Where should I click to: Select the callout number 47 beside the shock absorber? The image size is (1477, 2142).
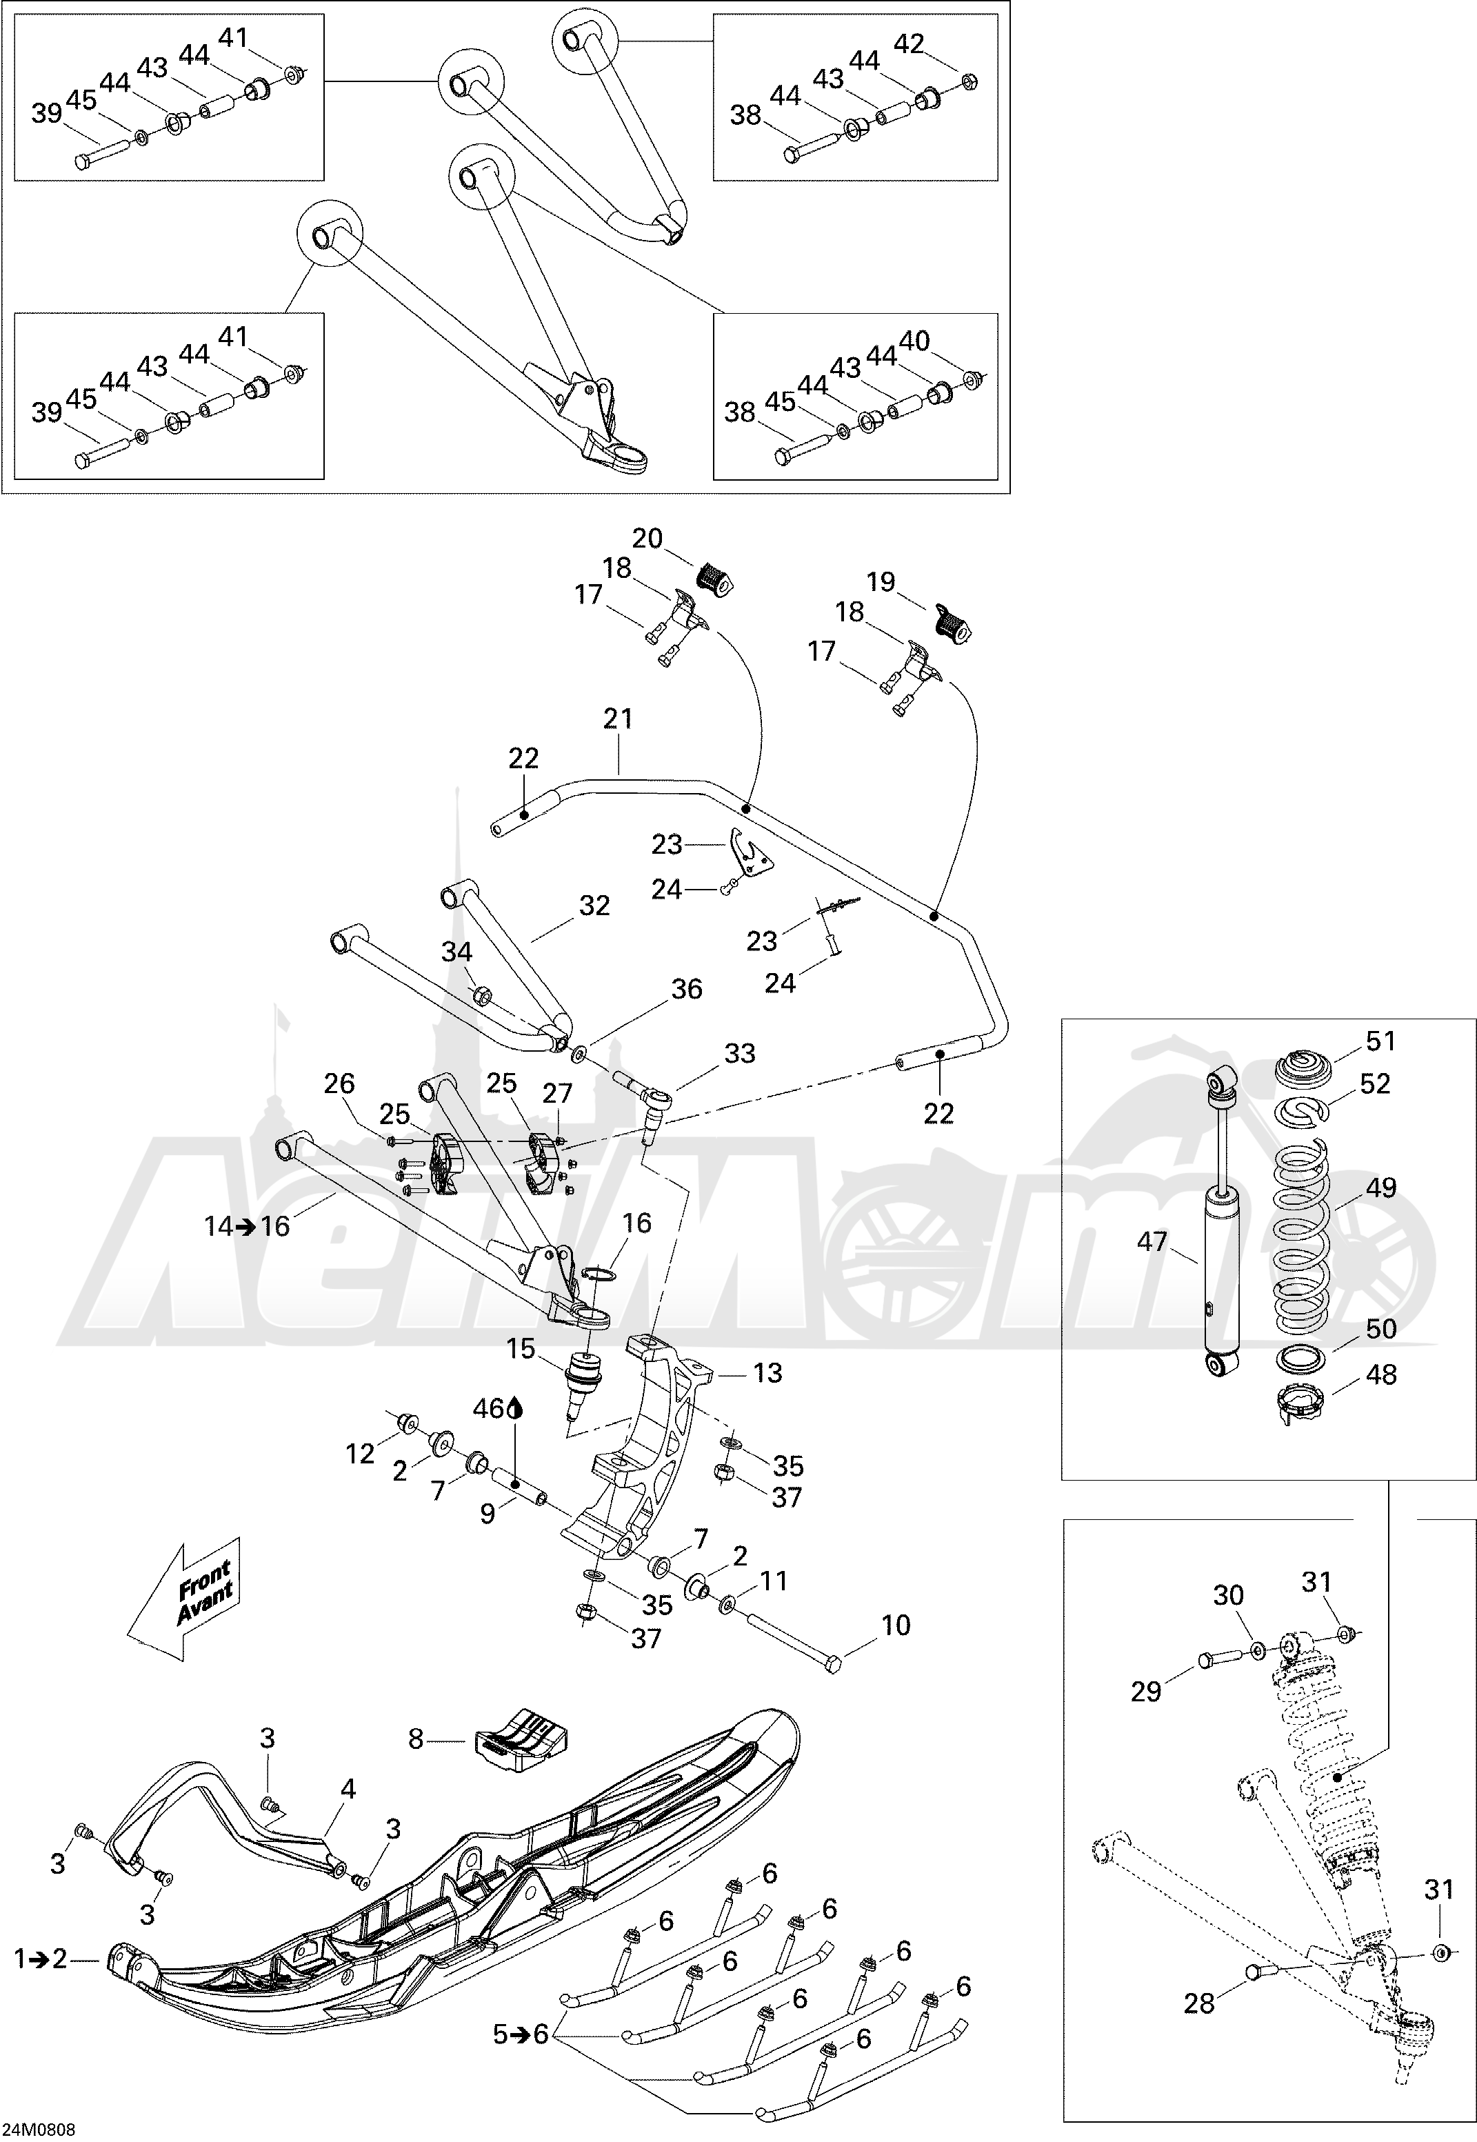pyautogui.click(x=1152, y=1241)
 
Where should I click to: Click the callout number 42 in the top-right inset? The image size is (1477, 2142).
pyautogui.click(x=909, y=44)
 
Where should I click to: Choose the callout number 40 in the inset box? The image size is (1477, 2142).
pyautogui.click(x=914, y=341)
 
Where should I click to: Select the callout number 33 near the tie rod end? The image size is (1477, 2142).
pyautogui.click(x=739, y=1053)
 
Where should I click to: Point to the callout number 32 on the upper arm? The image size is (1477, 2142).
pyautogui.click(x=594, y=905)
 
